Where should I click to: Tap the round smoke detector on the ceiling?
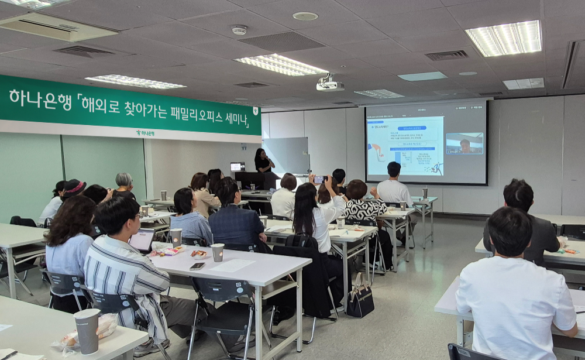pyautogui.click(x=239, y=29)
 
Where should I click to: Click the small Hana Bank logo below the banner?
pyautogui.click(x=146, y=133)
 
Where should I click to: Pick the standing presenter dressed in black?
pyautogui.click(x=263, y=161)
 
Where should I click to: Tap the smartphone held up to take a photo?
pyautogui.click(x=319, y=180)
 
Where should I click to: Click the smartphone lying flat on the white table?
pyautogui.click(x=197, y=266)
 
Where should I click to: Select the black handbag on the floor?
pyautogui.click(x=360, y=300)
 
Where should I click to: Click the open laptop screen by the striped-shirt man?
pyautogui.click(x=142, y=240)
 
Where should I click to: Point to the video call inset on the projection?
pyautogui.click(x=464, y=143)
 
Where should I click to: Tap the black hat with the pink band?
pyautogui.click(x=74, y=187)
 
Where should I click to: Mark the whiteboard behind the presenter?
pyautogui.click(x=287, y=155)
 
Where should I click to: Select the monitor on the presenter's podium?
pyautogui.click(x=238, y=167)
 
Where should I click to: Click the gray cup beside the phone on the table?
pyautogui.click(x=218, y=252)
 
